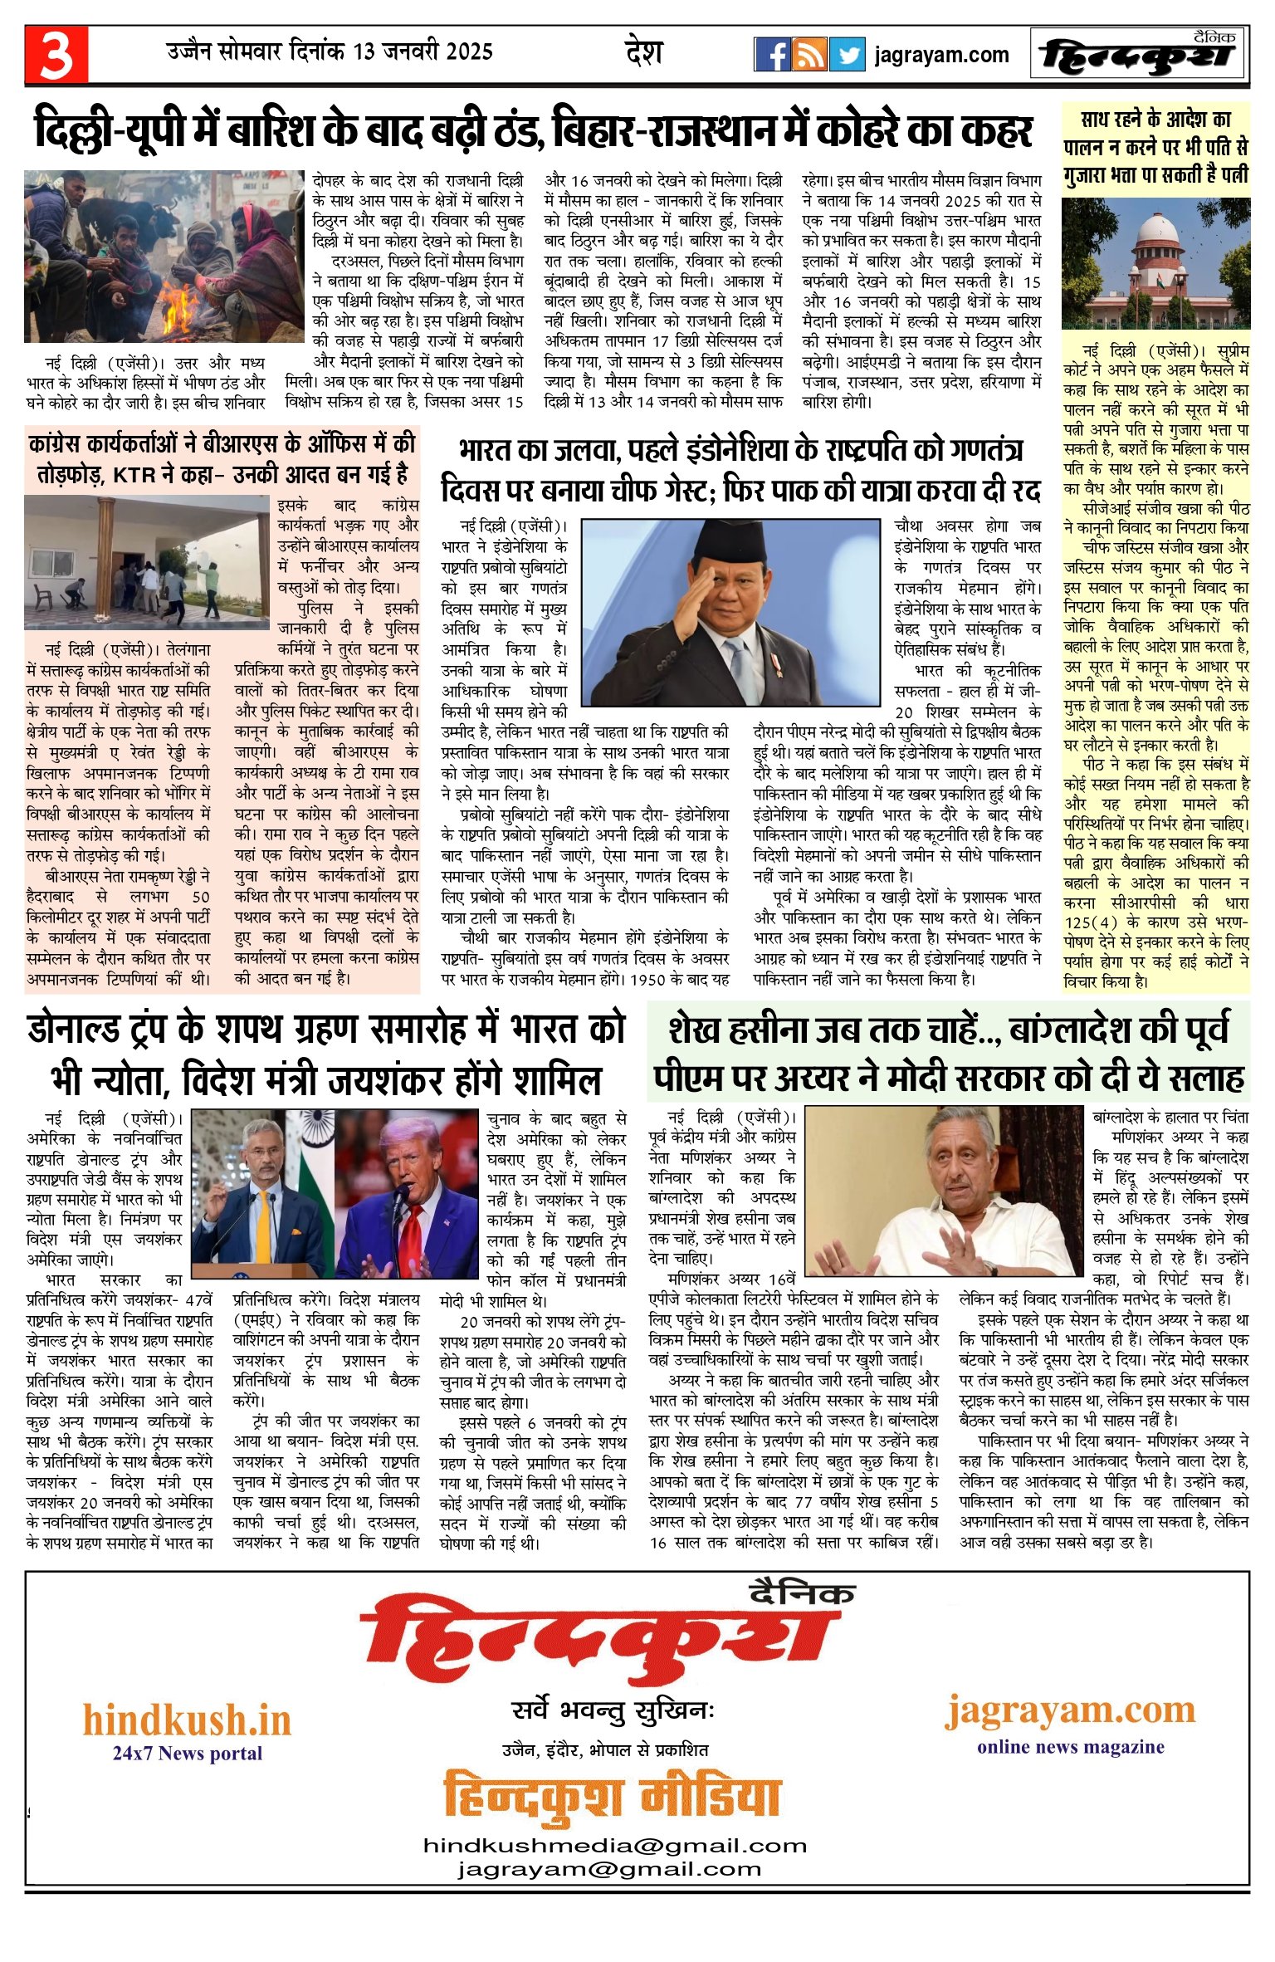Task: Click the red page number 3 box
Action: coord(56,55)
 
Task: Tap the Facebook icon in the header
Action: coord(772,55)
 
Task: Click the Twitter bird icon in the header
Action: coord(847,55)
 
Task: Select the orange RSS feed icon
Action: coord(809,55)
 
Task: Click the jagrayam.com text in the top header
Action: coord(941,56)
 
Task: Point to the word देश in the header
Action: coord(643,52)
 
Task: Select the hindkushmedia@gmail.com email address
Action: coord(615,1846)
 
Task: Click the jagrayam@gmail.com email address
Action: coord(609,1869)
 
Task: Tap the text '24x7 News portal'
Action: coord(188,1753)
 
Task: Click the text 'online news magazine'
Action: coord(1070,1746)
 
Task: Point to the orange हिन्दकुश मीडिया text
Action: coord(612,1797)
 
